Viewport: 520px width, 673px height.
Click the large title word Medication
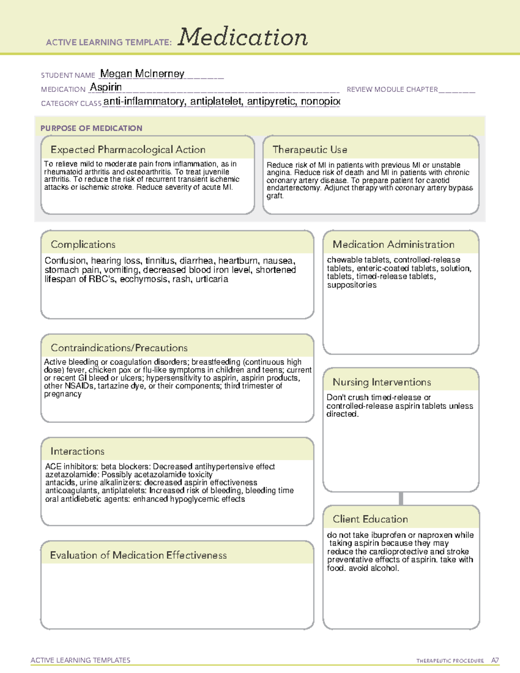point(243,37)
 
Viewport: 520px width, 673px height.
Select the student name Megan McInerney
point(142,74)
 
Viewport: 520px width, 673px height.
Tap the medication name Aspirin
point(106,88)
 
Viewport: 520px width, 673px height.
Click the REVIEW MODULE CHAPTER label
point(392,90)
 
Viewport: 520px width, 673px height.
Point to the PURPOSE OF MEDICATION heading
point(91,128)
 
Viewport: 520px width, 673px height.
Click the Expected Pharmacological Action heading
point(128,150)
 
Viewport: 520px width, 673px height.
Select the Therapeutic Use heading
point(310,150)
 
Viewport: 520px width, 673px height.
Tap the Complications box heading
point(83,245)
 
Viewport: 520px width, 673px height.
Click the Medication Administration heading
point(393,245)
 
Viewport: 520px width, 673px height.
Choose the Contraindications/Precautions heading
point(119,348)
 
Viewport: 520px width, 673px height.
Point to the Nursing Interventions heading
point(382,382)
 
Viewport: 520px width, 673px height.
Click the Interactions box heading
point(78,452)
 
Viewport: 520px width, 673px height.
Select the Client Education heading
point(370,519)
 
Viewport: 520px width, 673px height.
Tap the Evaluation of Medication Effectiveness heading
point(138,556)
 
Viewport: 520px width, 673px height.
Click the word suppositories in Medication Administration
point(352,285)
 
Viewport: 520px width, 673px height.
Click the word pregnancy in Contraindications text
point(63,394)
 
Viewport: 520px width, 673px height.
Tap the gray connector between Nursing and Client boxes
point(401,498)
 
